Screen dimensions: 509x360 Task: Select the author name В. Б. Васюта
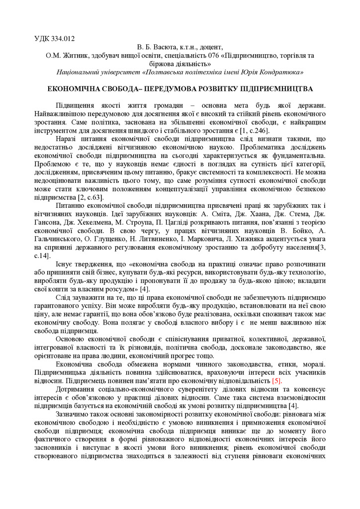click(152, 47)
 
